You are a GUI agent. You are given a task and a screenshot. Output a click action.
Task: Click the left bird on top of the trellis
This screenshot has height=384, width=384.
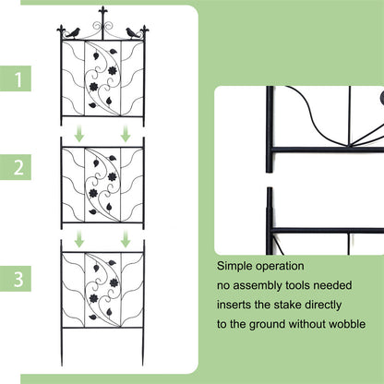pyautogui.click(x=73, y=32)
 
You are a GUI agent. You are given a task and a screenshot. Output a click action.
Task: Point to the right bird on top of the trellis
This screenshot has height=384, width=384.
pyautogui.click(x=132, y=32)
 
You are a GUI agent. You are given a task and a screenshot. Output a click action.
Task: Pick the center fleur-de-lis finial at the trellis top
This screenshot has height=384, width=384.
pyautogui.click(x=102, y=17)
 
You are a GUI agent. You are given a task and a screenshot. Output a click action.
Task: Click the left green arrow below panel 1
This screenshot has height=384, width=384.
pyautogui.click(x=80, y=135)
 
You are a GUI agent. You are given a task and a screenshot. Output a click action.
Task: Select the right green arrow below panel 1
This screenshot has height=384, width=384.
pyautogui.click(x=125, y=135)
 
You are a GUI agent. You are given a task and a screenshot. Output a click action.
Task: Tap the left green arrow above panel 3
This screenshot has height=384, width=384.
pyautogui.click(x=80, y=239)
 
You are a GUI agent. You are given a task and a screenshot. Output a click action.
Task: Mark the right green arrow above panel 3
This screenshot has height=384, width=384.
pyautogui.click(x=125, y=239)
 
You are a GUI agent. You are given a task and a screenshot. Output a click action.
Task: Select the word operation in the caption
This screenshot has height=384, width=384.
pyautogui.click(x=289, y=269)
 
